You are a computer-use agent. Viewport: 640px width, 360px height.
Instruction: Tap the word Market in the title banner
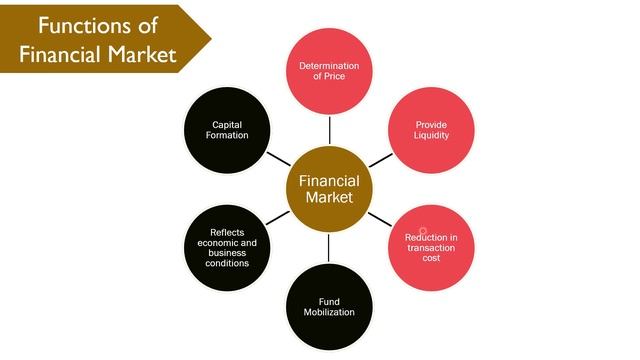click(135, 53)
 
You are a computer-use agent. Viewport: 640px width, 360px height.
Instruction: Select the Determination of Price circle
click(329, 72)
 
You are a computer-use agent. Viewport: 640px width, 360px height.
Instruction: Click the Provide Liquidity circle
click(431, 130)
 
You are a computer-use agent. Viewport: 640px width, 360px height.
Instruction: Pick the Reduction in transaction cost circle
click(431, 247)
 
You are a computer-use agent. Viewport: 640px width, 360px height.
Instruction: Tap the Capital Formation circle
click(230, 130)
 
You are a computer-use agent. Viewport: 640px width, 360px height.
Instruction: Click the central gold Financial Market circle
click(329, 189)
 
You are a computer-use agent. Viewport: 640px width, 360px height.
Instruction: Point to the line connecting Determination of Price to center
click(329, 130)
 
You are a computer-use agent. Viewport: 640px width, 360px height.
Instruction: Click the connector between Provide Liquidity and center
click(380, 159)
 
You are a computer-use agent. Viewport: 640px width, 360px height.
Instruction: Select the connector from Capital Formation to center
click(279, 159)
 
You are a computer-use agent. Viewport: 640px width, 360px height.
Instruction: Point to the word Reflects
click(228, 232)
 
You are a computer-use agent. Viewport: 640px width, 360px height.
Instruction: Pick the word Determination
click(329, 66)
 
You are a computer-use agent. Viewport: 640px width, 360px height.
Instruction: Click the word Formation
click(230, 136)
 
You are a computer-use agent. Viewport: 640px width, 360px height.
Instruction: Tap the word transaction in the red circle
click(431, 247)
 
